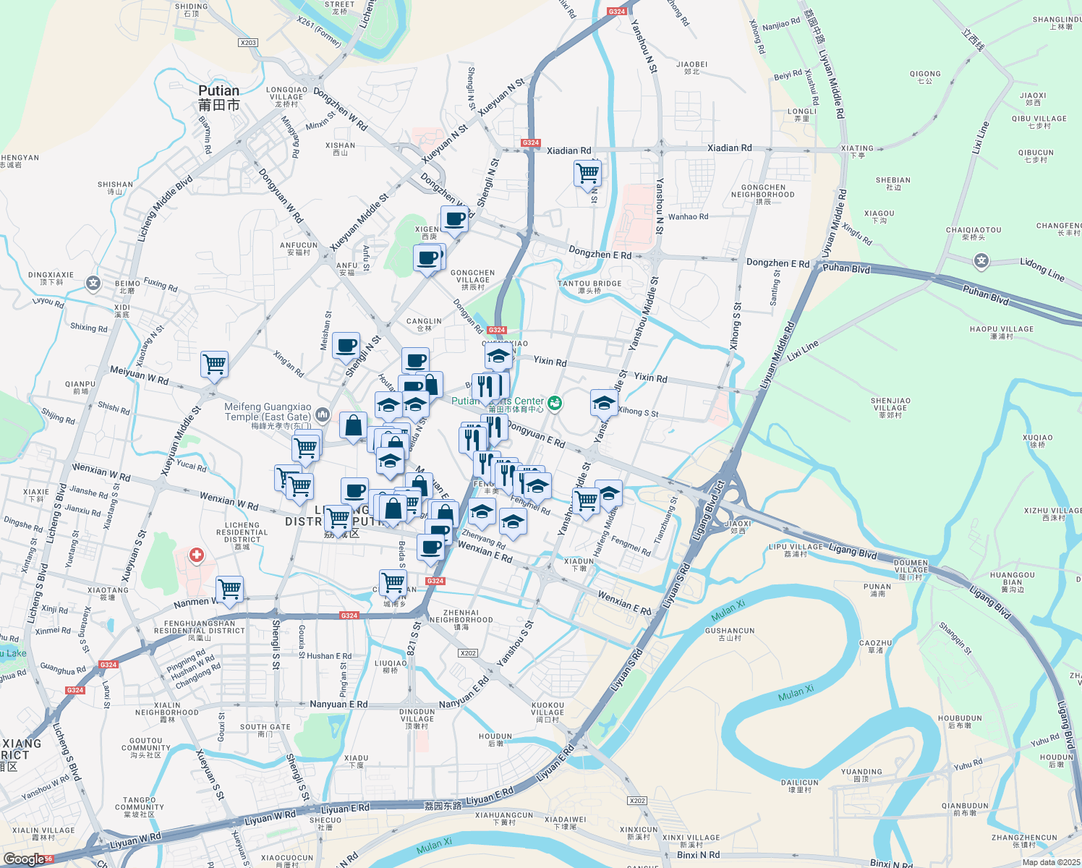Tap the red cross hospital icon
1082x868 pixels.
click(x=196, y=556)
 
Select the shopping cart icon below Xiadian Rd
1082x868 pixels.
click(x=587, y=174)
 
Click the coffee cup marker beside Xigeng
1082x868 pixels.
click(x=454, y=218)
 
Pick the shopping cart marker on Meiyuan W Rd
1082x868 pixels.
click(x=215, y=364)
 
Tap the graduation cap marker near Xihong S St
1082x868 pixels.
click(x=604, y=403)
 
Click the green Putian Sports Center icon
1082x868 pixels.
click(x=555, y=403)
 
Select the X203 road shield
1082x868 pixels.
click(x=248, y=43)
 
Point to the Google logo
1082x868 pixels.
click(x=25, y=859)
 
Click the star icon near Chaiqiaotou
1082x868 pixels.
click(x=981, y=260)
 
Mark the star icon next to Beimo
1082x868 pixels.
click(x=93, y=283)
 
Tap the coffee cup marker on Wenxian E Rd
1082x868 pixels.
click(x=431, y=547)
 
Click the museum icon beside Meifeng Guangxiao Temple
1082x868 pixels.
click(x=323, y=414)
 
